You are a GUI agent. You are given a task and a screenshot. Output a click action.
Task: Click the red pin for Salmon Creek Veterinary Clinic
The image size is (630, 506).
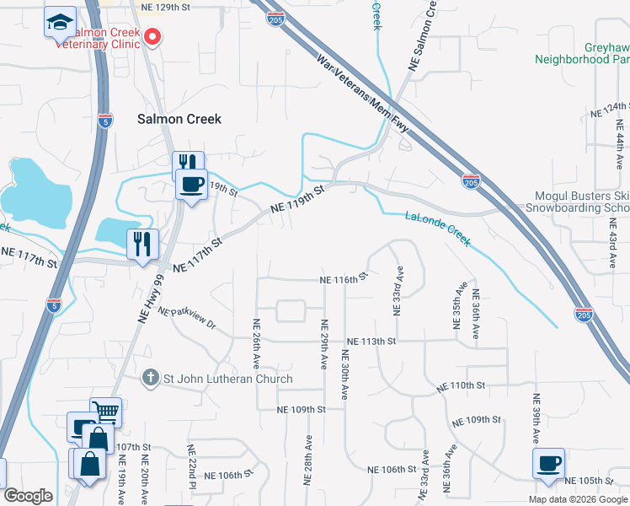coord(152,36)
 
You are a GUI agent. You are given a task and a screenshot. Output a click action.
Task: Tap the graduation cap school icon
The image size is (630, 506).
coord(60,22)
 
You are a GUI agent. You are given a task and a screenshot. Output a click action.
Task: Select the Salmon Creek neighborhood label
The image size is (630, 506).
coord(179,119)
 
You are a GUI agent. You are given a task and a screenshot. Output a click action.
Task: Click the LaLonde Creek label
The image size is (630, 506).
coord(437,228)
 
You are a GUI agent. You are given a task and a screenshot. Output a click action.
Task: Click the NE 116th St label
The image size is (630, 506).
coord(344,278)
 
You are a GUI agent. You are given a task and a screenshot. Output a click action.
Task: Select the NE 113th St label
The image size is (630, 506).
coord(370,341)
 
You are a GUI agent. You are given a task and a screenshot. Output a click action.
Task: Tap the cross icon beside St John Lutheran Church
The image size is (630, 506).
coord(150,379)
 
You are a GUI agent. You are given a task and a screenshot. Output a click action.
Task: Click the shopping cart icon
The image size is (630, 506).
coord(106,412)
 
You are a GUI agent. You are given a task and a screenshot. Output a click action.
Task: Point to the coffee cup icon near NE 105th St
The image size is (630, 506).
coord(548,462)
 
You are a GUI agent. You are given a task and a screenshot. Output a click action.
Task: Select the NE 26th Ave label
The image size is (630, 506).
coord(256,344)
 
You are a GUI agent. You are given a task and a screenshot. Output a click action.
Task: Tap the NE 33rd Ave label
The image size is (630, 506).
coord(397,293)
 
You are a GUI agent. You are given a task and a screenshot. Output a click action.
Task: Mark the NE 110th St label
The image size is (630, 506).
coord(461,385)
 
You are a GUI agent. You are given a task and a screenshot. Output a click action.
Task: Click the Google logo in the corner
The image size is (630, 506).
coord(27,496)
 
